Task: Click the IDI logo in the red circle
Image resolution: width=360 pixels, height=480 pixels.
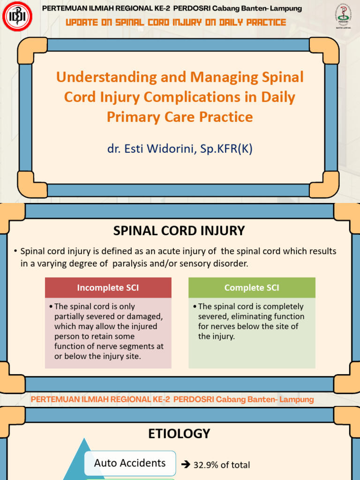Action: coord(17,18)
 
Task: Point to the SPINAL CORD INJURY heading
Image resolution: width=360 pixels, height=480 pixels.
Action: coord(180,231)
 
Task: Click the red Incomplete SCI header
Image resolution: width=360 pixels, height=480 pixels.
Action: coord(108,288)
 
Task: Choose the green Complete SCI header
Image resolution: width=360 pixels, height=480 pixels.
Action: coord(252,288)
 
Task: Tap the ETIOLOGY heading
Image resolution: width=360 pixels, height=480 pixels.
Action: coord(180,434)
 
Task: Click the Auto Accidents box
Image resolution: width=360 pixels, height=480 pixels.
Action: coord(130,463)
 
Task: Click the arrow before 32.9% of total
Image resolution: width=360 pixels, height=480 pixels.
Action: coord(185,465)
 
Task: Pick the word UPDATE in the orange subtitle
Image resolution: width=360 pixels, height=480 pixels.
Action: coord(82,22)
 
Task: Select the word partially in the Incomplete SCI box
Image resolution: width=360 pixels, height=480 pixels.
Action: coord(70,316)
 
